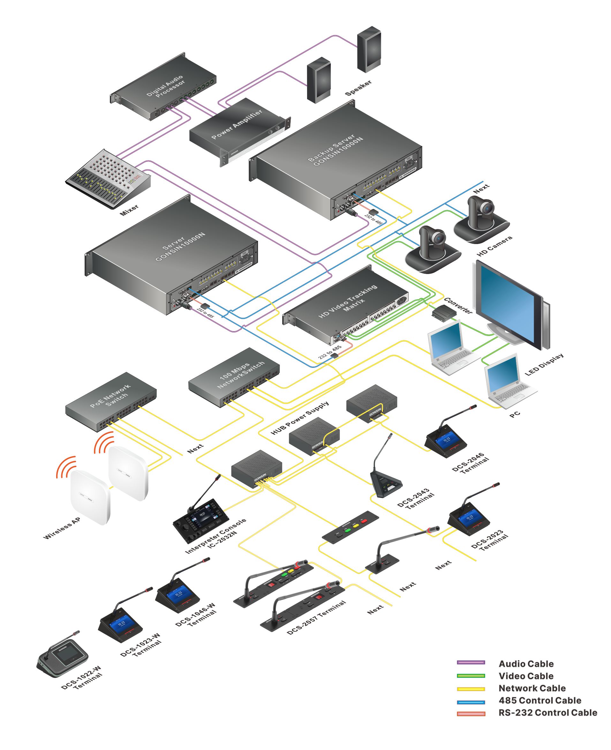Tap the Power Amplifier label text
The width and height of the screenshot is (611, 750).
click(237, 124)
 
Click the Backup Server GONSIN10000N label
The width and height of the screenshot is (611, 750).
click(335, 150)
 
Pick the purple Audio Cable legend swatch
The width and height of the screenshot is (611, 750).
click(471, 662)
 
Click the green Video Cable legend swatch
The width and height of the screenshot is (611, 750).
click(471, 676)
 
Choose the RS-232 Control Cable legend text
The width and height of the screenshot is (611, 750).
click(547, 713)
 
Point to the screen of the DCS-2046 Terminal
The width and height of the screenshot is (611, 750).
click(446, 439)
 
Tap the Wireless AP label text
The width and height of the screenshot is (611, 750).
click(62, 528)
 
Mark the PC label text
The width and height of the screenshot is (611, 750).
click(515, 415)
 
